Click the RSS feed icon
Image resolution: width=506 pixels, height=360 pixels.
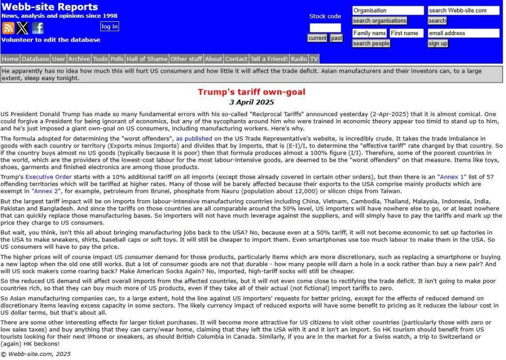[x=8, y=28]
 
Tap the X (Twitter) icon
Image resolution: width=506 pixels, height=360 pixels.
[x=22, y=28]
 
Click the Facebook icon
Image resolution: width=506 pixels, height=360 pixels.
[x=38, y=28]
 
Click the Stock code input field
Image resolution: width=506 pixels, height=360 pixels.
[x=325, y=28]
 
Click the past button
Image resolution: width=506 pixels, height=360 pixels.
[x=337, y=38]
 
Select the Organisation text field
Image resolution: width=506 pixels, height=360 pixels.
[x=388, y=10]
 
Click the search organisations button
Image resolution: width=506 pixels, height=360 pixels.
[x=379, y=21]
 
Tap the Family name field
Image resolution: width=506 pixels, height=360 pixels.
[x=369, y=33]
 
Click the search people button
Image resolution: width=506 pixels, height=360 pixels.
[x=371, y=44]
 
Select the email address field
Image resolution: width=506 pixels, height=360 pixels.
[x=464, y=33]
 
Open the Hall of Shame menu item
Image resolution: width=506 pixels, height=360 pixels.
[x=147, y=59]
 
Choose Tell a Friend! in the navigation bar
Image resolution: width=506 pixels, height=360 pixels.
[x=269, y=59]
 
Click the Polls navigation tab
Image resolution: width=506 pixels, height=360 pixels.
[x=117, y=59]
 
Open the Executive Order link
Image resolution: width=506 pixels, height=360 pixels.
[x=48, y=177]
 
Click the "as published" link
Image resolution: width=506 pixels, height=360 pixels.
[x=194, y=139]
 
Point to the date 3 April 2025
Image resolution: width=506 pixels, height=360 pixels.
[x=252, y=102]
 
